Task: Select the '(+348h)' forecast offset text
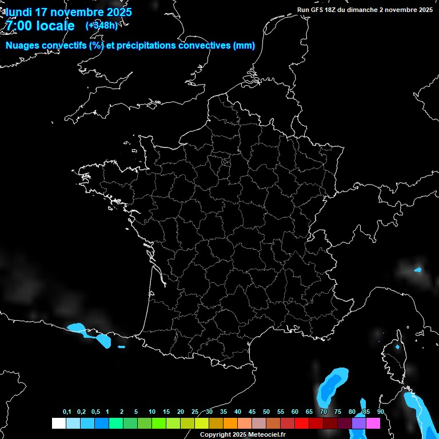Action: [101, 26]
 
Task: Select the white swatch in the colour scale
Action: [58, 423]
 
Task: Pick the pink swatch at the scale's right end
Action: [373, 423]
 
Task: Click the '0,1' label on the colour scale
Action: [67, 412]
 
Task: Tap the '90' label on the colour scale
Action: [380, 412]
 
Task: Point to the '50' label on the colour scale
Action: [266, 412]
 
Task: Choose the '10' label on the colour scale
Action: [151, 412]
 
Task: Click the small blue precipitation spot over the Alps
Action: [418, 269]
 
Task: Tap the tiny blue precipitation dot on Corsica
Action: [397, 346]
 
